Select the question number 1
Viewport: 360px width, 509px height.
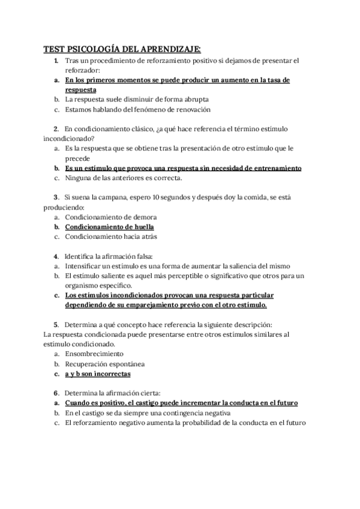point(55,61)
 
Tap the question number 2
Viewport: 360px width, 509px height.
point(55,128)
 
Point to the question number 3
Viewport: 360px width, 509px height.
point(55,196)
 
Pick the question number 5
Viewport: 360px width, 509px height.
point(55,324)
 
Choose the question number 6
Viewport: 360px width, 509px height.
point(55,393)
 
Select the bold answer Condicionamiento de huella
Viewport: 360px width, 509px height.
point(109,227)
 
